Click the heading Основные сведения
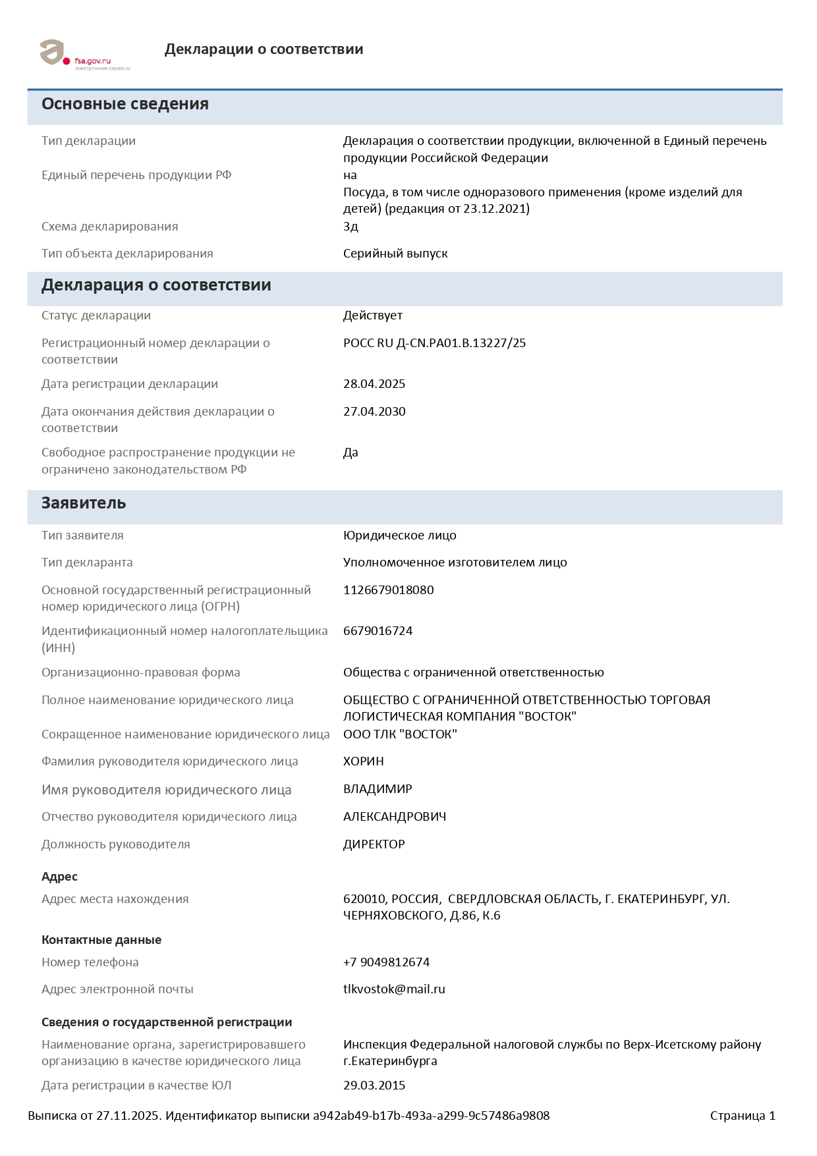click(x=125, y=104)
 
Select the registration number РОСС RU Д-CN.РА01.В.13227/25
click(x=434, y=343)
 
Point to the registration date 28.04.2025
click(x=374, y=384)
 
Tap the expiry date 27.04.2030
click(x=374, y=412)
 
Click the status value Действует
click(x=372, y=316)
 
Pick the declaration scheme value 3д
click(x=351, y=227)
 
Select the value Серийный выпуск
click(x=395, y=254)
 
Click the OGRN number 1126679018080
click(x=388, y=590)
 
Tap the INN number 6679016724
click(x=378, y=631)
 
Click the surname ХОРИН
click(x=363, y=761)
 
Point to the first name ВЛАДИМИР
click(x=378, y=789)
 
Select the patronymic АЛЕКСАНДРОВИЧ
click(x=395, y=817)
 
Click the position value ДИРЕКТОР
click(x=374, y=844)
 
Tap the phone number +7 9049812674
click(x=386, y=962)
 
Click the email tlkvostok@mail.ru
click(x=394, y=989)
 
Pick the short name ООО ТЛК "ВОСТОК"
click(x=400, y=734)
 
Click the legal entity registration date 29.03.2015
click(x=374, y=1086)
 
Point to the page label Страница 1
click(x=743, y=1116)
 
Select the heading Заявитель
click(x=84, y=503)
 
